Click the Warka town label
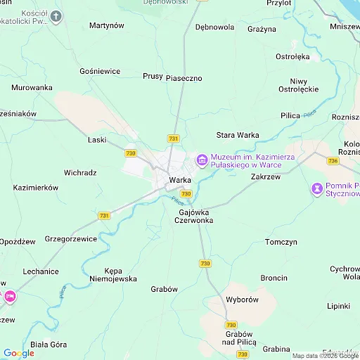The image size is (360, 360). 180,180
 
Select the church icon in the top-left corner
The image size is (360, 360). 56,15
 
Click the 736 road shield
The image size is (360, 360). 333,161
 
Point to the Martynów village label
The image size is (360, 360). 107,25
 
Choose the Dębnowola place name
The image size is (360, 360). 214,27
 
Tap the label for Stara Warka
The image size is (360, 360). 237,134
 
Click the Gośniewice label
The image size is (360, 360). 100,71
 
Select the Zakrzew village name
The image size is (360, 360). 265,177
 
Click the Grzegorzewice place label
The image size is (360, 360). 71,238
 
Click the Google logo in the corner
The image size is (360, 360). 18,353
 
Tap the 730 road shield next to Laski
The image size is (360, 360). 130,153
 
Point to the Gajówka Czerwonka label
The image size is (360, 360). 196,216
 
